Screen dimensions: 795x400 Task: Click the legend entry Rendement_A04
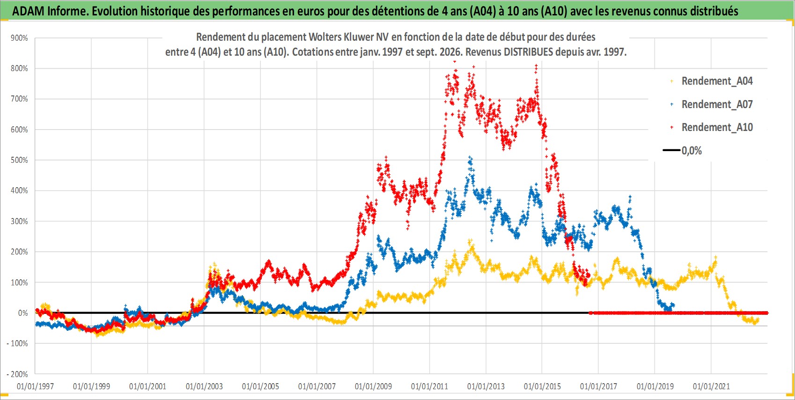click(x=717, y=81)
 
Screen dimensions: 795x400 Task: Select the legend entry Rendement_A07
click(x=717, y=104)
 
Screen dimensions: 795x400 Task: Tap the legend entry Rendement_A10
click(x=717, y=127)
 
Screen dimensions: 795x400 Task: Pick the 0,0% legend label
click(x=692, y=151)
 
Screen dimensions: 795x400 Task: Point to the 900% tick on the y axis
click(x=19, y=38)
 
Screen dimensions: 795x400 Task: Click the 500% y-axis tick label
click(x=19, y=160)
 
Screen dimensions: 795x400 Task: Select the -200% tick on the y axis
click(x=17, y=374)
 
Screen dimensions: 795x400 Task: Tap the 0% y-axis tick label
click(x=23, y=313)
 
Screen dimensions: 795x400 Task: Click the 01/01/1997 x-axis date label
click(x=35, y=386)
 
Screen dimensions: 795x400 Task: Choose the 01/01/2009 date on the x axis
click(x=373, y=386)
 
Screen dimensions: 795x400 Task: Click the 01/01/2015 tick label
click(x=542, y=386)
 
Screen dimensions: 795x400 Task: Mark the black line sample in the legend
click(x=671, y=150)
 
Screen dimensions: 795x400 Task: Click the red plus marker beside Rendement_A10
click(x=671, y=127)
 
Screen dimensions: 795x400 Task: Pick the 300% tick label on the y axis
click(x=19, y=221)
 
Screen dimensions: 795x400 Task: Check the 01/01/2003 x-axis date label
click(x=204, y=386)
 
